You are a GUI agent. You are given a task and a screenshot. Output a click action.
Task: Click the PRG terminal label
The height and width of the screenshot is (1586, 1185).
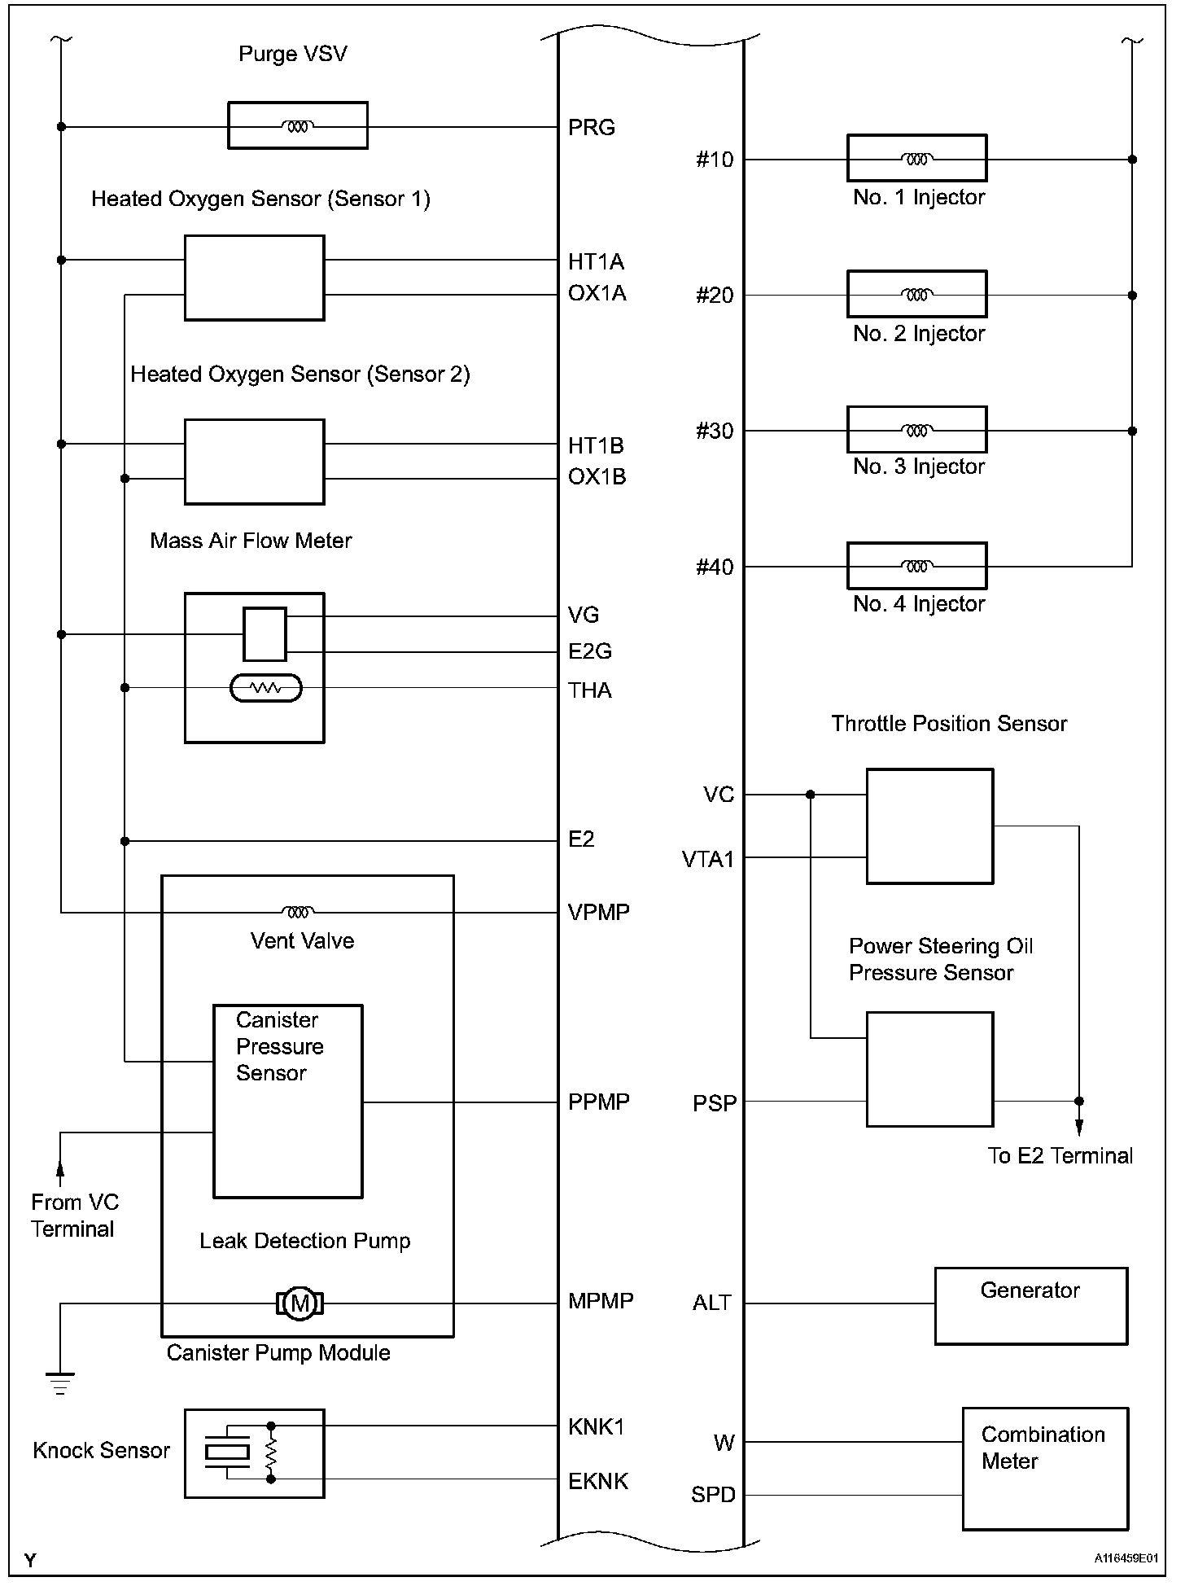tap(591, 128)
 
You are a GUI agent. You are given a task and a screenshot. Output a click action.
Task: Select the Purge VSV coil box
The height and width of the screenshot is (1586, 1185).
tap(297, 125)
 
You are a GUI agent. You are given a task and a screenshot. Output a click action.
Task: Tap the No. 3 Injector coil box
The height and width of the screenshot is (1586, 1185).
tap(916, 430)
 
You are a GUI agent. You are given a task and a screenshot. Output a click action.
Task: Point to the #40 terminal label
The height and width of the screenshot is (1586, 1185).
tap(714, 567)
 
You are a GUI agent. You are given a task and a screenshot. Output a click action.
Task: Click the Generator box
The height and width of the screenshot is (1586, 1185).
tap(1030, 1305)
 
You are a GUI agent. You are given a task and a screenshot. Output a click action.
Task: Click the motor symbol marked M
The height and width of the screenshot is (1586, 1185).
tap(300, 1303)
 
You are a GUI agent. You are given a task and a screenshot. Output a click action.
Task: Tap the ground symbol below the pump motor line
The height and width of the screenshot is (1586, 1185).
tap(60, 1383)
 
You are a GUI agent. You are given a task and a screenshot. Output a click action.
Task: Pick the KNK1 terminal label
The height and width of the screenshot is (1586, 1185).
tap(596, 1426)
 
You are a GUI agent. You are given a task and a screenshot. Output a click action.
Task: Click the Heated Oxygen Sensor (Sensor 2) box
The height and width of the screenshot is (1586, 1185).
tap(254, 462)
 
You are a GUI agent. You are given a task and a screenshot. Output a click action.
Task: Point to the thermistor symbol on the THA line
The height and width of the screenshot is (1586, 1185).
tap(266, 689)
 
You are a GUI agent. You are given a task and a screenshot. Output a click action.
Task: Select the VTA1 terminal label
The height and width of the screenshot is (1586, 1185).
tap(707, 859)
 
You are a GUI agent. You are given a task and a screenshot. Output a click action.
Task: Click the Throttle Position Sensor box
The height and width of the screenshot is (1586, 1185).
tap(929, 826)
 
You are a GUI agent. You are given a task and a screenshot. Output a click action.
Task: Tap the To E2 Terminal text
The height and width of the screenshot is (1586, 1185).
tap(1060, 1156)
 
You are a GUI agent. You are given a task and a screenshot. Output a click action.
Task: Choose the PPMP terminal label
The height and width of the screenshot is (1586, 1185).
tap(598, 1102)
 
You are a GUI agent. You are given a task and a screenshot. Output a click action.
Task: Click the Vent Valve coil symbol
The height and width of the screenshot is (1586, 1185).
tap(297, 912)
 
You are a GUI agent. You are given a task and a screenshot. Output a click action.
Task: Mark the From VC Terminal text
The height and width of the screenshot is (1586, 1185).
tap(74, 1216)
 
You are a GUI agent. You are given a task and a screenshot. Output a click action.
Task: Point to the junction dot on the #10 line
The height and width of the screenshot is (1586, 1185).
tap(1132, 160)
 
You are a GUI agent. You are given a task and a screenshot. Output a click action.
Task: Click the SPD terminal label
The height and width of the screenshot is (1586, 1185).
tap(713, 1495)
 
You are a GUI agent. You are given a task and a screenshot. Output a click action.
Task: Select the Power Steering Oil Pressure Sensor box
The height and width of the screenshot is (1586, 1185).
tap(929, 1069)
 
